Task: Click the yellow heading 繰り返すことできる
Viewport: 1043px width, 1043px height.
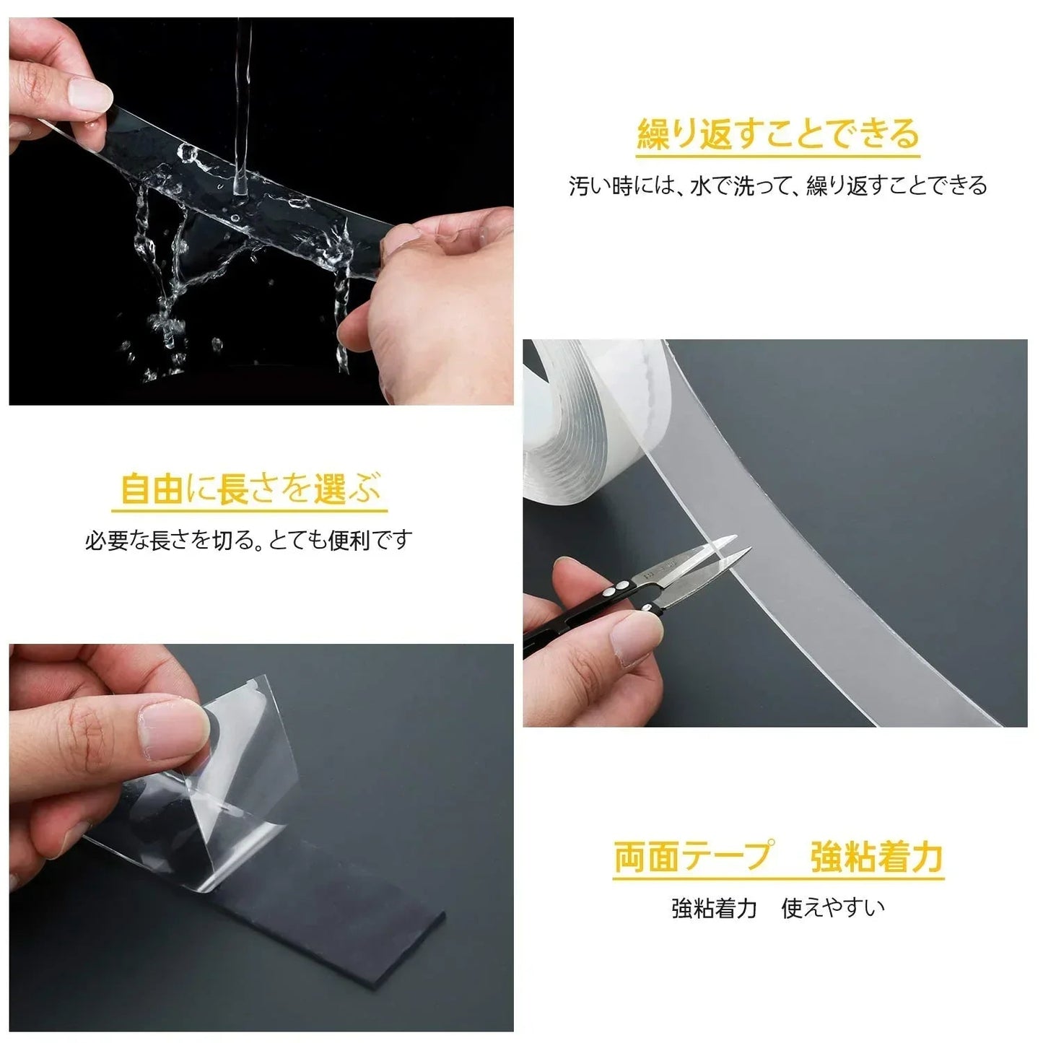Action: [x=778, y=134]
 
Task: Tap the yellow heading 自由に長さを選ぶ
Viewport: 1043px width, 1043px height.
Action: [x=250, y=489]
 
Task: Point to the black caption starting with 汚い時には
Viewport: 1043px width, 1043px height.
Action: [x=778, y=185]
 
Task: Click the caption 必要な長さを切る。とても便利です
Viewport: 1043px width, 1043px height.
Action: [x=249, y=540]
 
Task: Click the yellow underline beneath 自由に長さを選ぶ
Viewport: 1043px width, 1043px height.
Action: [x=250, y=510]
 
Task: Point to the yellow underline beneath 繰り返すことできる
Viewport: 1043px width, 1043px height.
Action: [x=778, y=156]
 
